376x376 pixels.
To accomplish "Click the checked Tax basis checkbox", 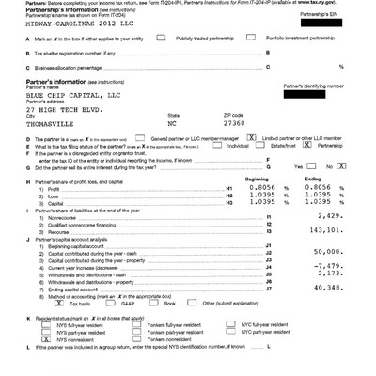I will [x=34, y=304].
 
